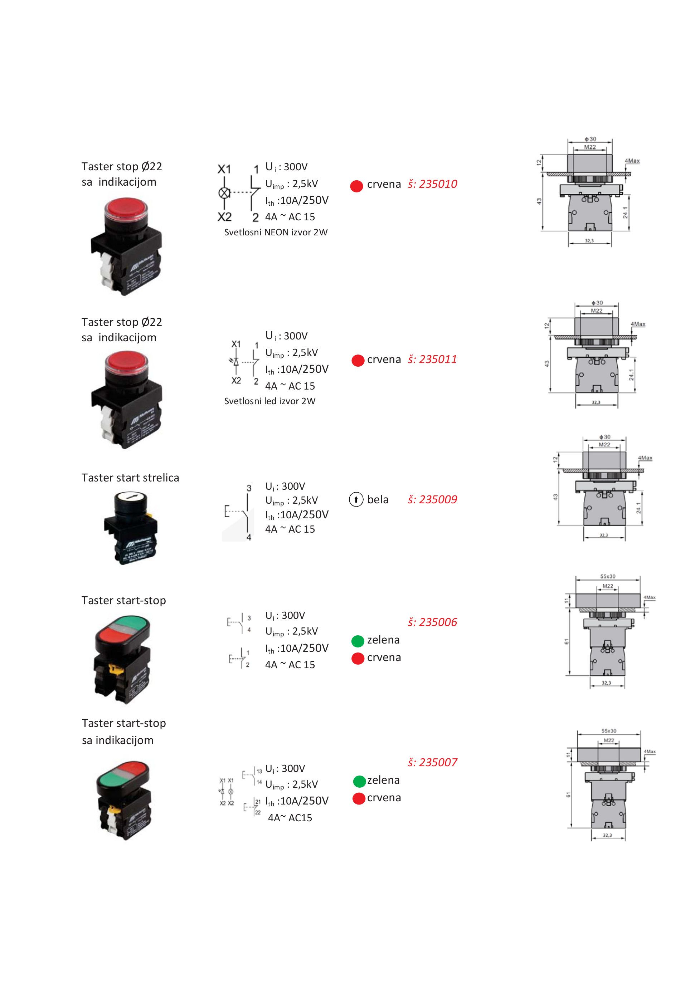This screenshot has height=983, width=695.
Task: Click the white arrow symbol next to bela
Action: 356,500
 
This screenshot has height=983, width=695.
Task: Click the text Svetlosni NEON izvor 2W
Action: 276,233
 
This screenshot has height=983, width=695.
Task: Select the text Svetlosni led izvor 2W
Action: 270,401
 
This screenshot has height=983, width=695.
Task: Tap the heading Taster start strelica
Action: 130,478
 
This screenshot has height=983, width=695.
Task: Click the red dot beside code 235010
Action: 357,186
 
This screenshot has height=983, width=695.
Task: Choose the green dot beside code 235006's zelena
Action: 358,641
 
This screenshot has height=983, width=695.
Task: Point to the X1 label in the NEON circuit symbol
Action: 224,170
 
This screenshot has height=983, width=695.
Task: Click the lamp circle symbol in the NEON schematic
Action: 224,193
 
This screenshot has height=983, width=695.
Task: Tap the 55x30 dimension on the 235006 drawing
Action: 608,576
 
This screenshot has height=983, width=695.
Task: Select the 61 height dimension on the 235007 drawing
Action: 568,794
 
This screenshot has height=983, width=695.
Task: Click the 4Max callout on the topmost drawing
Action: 632,161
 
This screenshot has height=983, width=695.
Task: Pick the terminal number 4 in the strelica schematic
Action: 249,537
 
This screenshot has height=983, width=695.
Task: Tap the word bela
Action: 378,500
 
